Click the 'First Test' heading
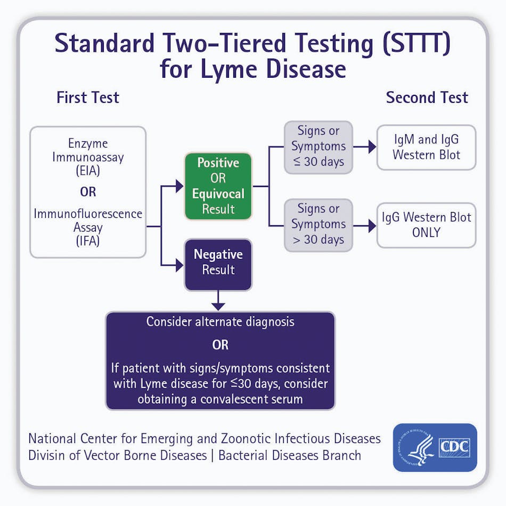pos(88,98)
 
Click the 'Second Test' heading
pos(427,98)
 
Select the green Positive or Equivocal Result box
pos(218,186)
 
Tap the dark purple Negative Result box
pos(218,263)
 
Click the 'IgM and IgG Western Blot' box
pos(426,148)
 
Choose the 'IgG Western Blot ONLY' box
pos(426,225)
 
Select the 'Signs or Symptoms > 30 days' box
pos(318,225)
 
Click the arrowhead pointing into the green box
pos(179,186)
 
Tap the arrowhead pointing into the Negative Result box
pos(179,265)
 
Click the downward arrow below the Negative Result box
pos(218,305)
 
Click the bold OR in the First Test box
pos(88,191)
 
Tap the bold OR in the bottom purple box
pos(220,345)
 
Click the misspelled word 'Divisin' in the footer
pos(48,455)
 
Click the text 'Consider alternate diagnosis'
pos(220,322)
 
